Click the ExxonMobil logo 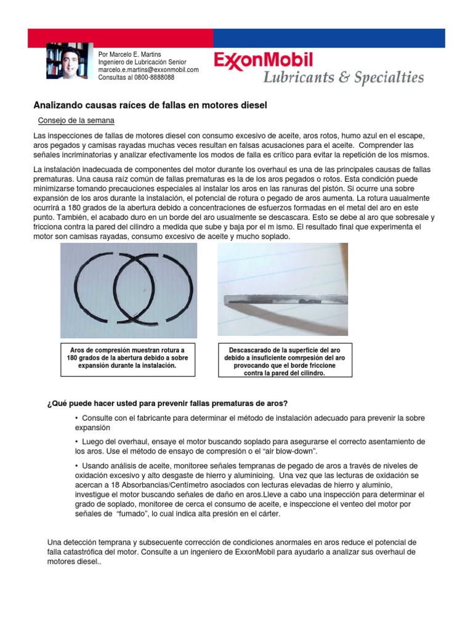(264, 60)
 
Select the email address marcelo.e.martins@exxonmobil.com (148, 70)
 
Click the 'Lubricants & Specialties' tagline (344, 78)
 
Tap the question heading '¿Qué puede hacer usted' (167, 404)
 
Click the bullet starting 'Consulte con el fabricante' (249, 422)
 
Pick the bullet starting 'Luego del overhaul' (249, 446)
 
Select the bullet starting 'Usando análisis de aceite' (249, 489)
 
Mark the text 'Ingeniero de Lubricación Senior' (142, 62)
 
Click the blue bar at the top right (329, 38)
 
